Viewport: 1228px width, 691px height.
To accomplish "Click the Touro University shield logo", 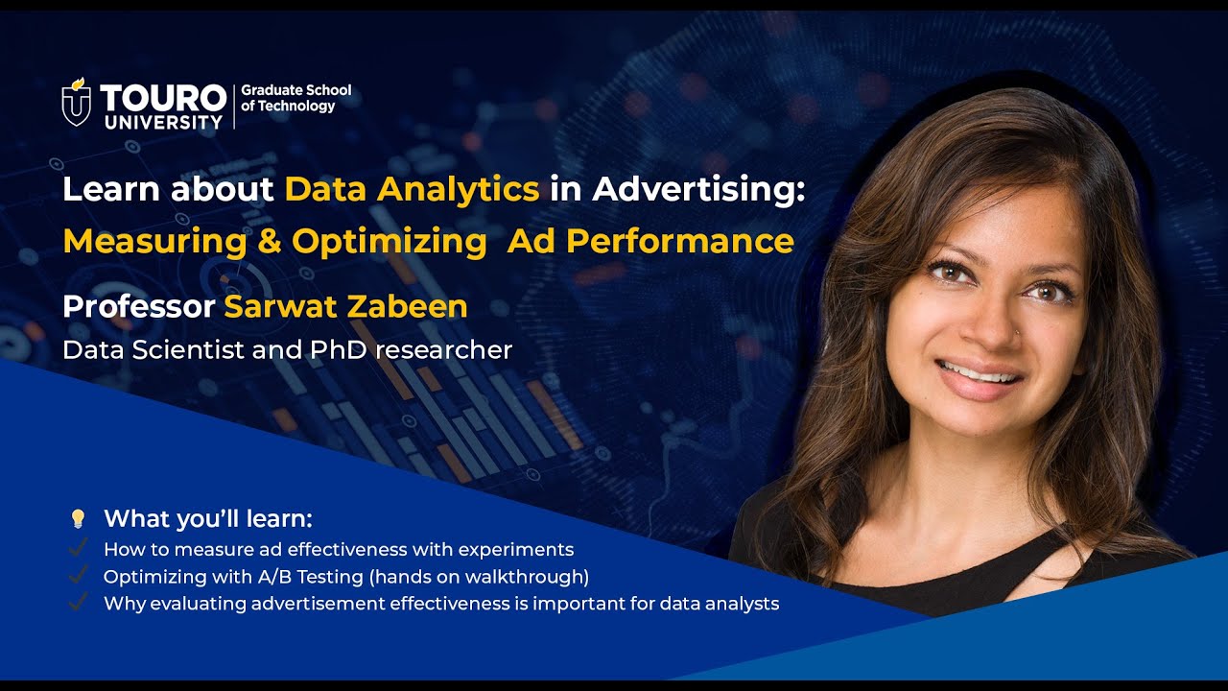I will (x=77, y=102).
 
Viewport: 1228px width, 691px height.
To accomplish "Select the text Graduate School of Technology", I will (x=295, y=98).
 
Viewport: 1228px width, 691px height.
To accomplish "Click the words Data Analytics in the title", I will (x=412, y=189).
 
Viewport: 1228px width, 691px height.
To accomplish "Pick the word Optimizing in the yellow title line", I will (x=390, y=241).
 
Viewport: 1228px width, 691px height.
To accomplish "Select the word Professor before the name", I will (x=138, y=306).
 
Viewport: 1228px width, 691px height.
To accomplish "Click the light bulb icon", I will (x=79, y=519).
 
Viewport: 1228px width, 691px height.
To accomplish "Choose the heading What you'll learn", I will (x=208, y=519).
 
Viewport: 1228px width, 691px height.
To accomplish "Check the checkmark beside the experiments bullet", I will (x=79, y=549).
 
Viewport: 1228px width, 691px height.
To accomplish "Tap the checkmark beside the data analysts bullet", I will (x=79, y=604).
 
